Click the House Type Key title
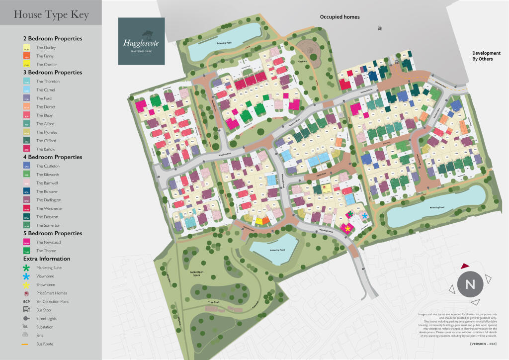[x=51, y=15]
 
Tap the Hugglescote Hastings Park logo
[x=141, y=41]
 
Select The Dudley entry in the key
[x=46, y=48]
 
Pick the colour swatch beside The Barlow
[x=27, y=149]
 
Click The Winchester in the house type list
[x=49, y=208]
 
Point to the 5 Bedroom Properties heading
[x=53, y=233]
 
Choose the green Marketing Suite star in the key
[x=27, y=268]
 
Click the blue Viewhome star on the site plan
[x=365, y=216]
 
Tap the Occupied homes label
[x=339, y=17]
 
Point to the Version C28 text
[x=483, y=344]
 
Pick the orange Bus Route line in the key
[x=27, y=344]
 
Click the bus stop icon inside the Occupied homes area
[x=380, y=29]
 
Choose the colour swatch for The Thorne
[x=27, y=251]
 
